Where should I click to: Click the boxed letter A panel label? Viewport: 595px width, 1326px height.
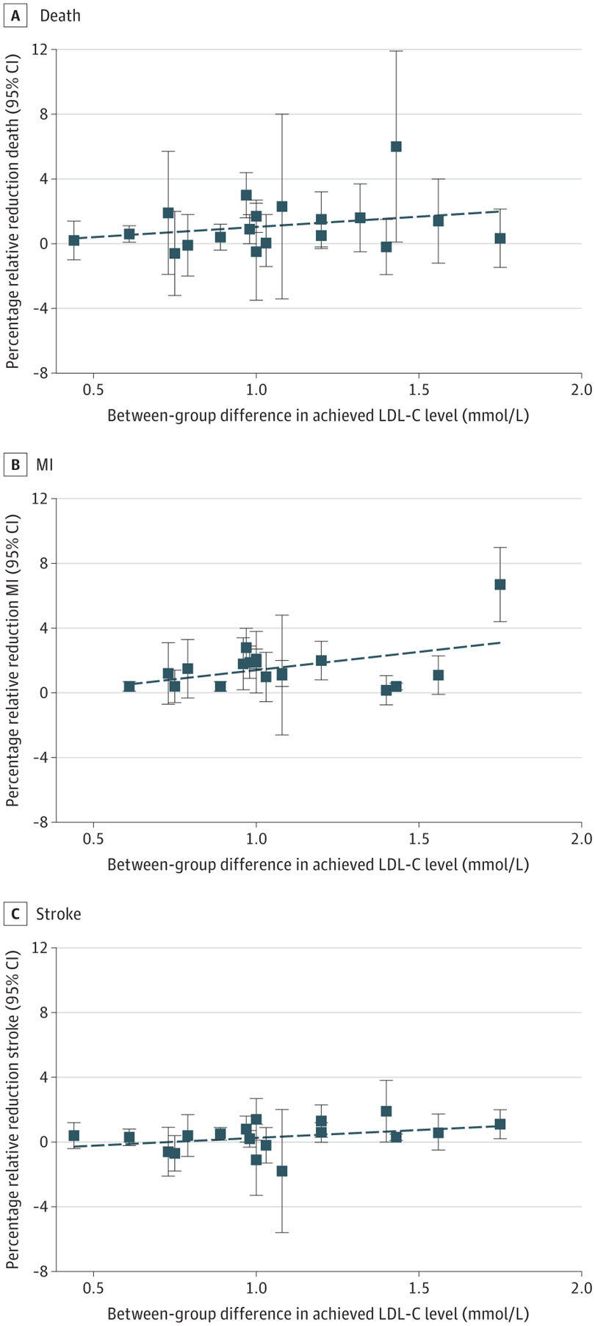click(x=15, y=15)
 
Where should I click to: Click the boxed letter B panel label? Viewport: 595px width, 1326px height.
click(x=15, y=465)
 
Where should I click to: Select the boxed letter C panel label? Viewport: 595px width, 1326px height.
click(x=15, y=914)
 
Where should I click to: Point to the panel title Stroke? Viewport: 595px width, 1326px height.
click(x=59, y=914)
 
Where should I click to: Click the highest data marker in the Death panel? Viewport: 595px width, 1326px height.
click(x=396, y=147)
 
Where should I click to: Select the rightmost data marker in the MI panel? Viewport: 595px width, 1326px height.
click(x=500, y=584)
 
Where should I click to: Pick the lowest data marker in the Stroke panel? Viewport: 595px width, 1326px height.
click(x=282, y=1171)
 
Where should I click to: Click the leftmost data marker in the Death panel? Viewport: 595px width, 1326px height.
click(x=74, y=240)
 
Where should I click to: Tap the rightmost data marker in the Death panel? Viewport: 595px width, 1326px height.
click(x=500, y=239)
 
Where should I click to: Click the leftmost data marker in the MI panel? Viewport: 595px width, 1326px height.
click(x=129, y=686)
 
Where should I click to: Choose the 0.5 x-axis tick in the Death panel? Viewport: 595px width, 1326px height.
click(x=93, y=390)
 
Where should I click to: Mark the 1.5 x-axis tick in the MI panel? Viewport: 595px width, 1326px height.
click(x=419, y=839)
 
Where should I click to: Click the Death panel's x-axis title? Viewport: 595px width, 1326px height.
click(x=318, y=416)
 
